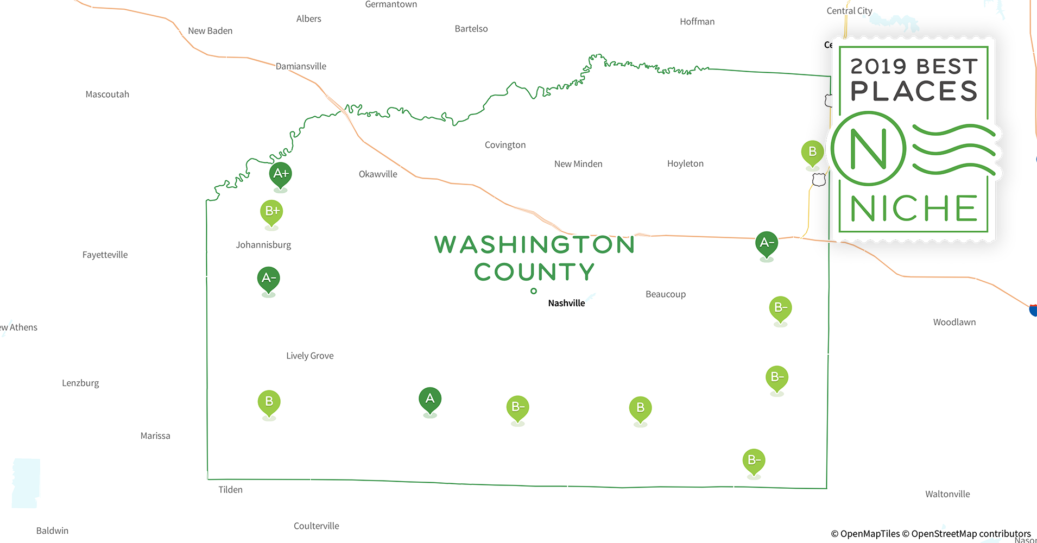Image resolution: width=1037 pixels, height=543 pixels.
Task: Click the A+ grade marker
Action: (281, 174)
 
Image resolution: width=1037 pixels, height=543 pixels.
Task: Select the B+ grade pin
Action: (272, 211)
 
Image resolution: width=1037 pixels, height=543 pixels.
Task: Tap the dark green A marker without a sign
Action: (430, 399)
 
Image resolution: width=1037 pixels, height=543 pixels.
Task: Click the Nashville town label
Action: (566, 303)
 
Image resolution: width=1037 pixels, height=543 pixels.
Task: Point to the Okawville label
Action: (378, 174)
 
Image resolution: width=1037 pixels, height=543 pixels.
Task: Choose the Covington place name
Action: (505, 145)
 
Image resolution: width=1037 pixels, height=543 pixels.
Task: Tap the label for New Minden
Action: (578, 164)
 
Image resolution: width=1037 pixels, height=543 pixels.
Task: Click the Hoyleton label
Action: (685, 163)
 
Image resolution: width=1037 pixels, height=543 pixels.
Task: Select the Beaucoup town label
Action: (666, 294)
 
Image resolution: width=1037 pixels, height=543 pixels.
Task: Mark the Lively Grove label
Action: (310, 356)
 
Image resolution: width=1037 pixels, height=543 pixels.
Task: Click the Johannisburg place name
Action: (263, 245)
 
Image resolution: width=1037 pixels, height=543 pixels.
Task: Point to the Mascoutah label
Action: (108, 94)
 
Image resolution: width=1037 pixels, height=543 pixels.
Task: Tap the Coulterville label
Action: (317, 526)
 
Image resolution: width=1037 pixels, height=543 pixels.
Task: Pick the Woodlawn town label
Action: (954, 322)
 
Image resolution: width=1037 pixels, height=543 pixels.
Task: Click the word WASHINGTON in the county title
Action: (535, 245)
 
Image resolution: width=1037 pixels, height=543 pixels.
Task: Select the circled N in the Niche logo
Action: (868, 149)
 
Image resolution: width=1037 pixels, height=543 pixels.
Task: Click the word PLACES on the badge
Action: (914, 91)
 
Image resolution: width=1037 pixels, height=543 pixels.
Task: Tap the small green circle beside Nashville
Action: (534, 291)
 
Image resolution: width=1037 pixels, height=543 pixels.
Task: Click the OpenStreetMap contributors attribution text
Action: (971, 534)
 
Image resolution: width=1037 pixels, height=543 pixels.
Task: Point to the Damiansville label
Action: (301, 66)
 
